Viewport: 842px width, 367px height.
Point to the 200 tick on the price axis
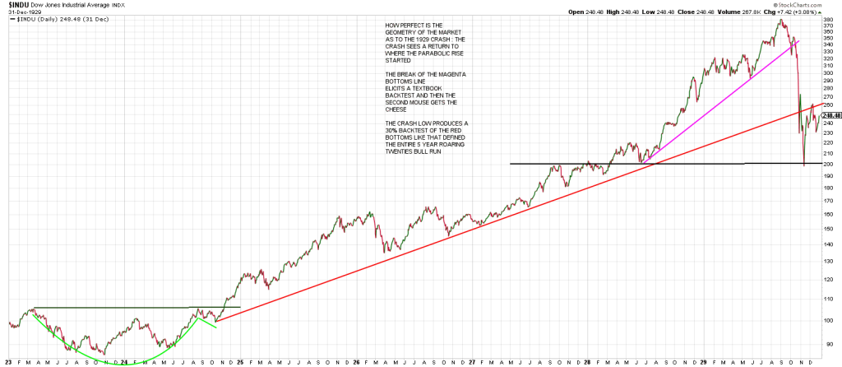tap(826, 164)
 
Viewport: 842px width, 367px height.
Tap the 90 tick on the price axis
tap(826, 343)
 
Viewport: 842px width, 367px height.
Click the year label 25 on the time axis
tap(239, 360)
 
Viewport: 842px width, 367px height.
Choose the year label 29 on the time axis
tap(706, 360)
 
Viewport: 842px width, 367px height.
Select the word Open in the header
tap(576, 12)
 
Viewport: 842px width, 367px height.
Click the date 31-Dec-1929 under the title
tap(18, 12)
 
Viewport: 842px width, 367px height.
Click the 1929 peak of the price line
tap(779, 18)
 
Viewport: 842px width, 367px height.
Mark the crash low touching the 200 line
tap(804, 164)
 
